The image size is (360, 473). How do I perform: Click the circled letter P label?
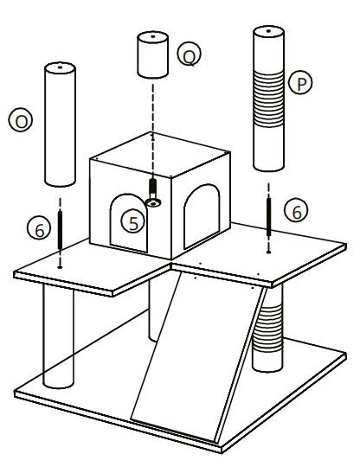pos(301,83)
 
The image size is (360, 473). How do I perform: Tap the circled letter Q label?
pos(189,54)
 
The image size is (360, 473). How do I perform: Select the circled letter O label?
pos(20,120)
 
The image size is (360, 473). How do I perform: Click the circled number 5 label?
pos(132,221)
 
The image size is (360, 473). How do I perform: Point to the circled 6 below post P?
pos(296,210)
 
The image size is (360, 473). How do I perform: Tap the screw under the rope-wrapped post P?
pos(268,216)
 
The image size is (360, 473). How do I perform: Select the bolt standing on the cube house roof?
pos(153,188)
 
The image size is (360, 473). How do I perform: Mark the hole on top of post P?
pos(269,32)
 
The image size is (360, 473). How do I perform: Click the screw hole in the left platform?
pos(60,266)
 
